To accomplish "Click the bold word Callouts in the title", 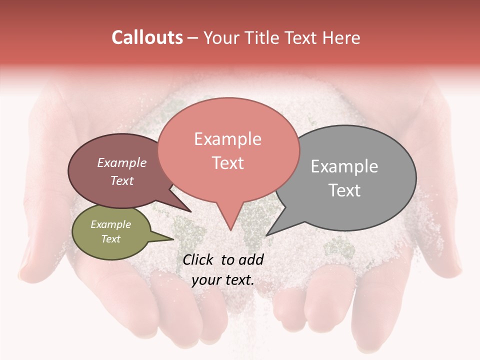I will [147, 37].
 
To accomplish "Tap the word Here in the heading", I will [341, 37].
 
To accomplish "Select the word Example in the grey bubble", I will [344, 166].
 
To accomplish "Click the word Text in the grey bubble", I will [344, 190].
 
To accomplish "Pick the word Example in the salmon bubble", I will [227, 139].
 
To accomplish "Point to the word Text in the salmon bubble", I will [227, 163].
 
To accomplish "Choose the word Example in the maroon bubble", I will [122, 163].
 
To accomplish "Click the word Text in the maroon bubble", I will [122, 180].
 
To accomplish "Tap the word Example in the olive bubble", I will [111, 224].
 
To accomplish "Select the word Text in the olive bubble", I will [111, 239].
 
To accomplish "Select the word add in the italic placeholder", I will [251, 259].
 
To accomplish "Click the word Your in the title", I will [221, 37].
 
